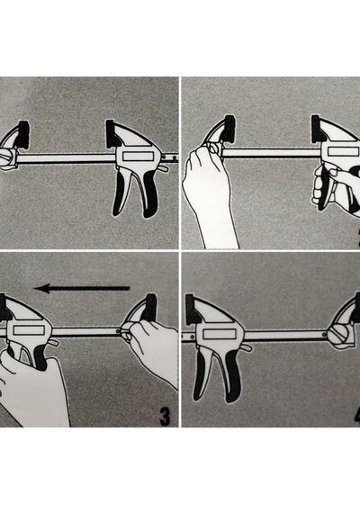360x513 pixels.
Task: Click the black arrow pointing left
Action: [82, 288]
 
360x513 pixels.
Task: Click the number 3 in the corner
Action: [165, 417]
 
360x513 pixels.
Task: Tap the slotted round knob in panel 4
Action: [338, 337]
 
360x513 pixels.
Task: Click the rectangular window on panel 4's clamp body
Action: [220, 334]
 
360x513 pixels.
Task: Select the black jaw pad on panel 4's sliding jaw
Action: [192, 310]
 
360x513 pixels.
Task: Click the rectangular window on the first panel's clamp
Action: [138, 157]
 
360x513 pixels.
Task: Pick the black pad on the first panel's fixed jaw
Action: [24, 134]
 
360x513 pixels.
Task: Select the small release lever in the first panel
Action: [164, 168]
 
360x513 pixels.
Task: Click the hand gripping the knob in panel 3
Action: [152, 346]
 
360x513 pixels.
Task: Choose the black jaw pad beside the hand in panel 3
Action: [151, 308]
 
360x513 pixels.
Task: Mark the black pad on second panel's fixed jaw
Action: [229, 129]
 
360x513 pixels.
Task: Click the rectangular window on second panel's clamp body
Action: [342, 152]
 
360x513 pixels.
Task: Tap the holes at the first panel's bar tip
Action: [173, 157]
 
